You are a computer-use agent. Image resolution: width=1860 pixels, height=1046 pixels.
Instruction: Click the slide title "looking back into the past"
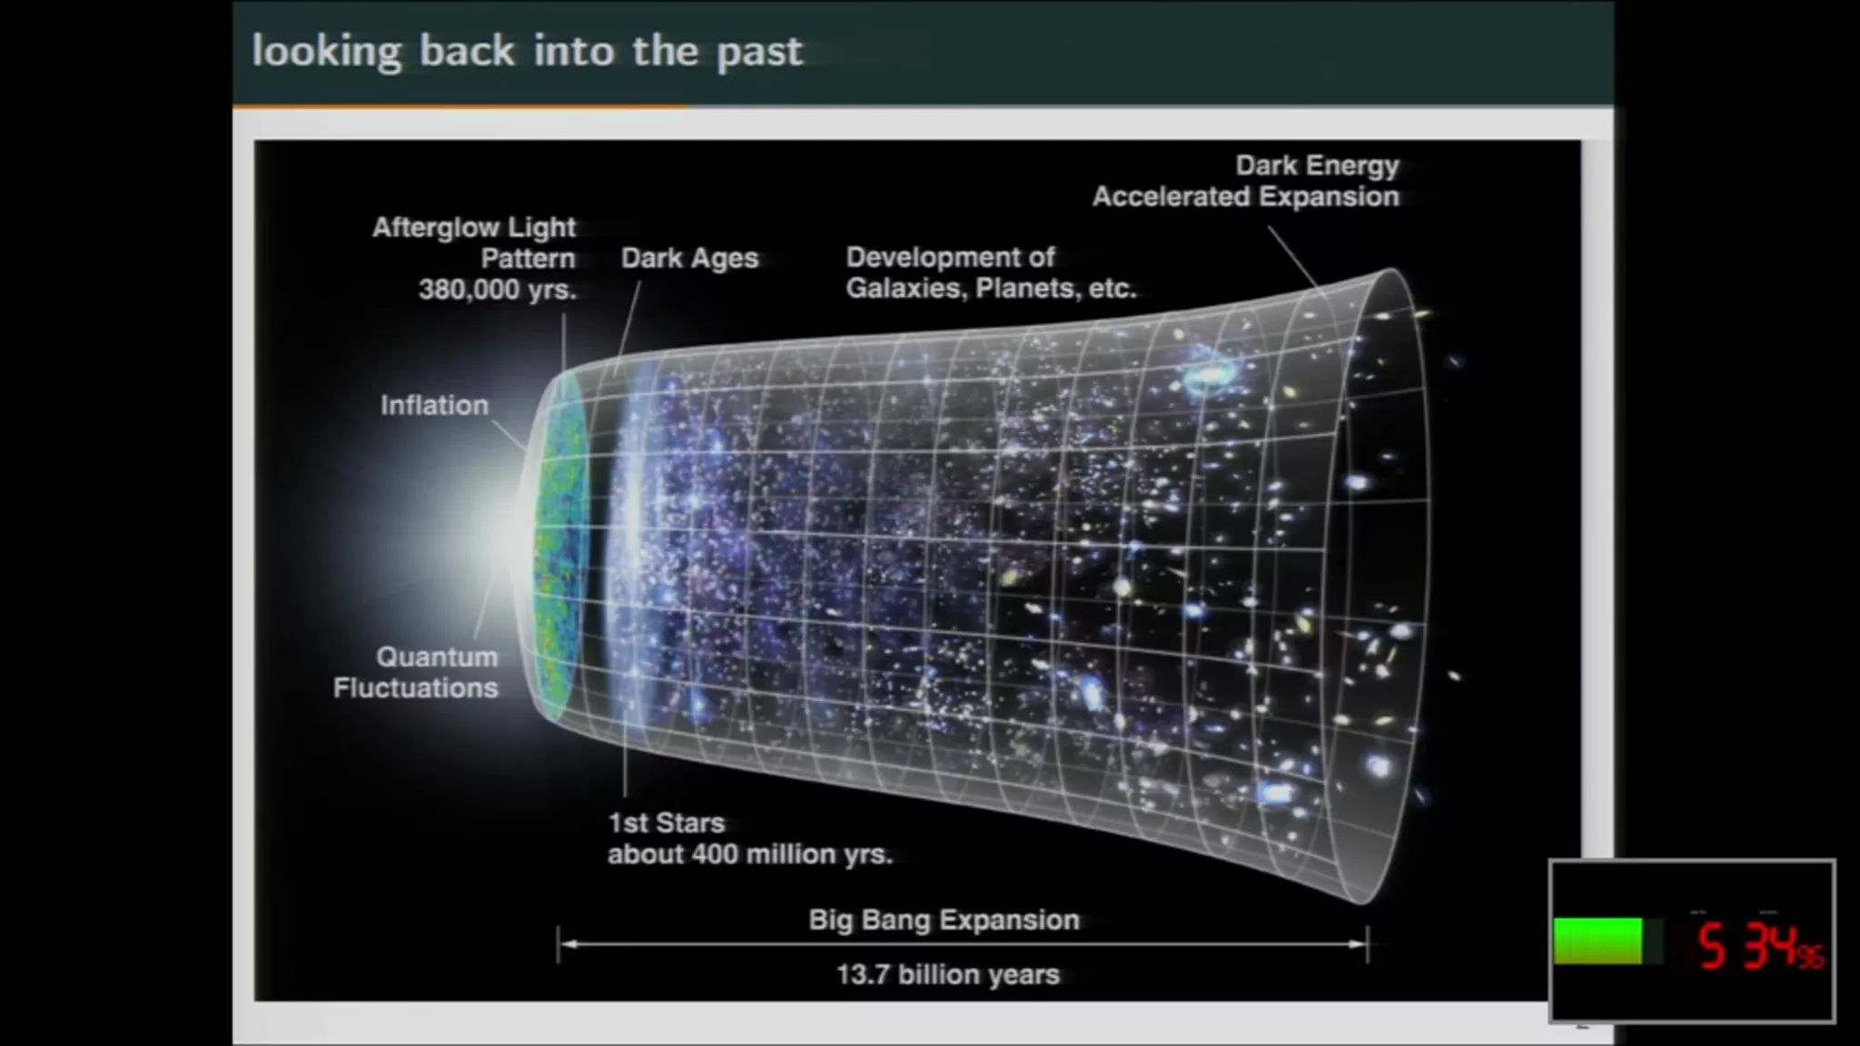pos(527,52)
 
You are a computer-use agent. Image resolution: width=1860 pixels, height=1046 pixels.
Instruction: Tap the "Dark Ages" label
pos(689,259)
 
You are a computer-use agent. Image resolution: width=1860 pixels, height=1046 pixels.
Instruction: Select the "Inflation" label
pos(434,405)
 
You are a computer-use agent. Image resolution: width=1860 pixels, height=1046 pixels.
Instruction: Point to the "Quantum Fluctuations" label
pos(416,672)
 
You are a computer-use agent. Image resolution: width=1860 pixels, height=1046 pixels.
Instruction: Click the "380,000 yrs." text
pos(497,290)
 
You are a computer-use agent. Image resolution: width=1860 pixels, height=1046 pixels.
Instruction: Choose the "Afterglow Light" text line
pos(474,227)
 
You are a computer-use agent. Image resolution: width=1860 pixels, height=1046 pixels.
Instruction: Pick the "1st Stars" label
pos(666,823)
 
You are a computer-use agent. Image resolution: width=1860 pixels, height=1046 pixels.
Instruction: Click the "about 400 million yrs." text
pos(750,854)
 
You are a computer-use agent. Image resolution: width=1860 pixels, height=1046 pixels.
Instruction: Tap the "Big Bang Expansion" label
pos(945,920)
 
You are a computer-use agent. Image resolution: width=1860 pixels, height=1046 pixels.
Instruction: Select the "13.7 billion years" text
pos(948,974)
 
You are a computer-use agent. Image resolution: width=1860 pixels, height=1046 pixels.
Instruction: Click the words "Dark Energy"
pos(1317,166)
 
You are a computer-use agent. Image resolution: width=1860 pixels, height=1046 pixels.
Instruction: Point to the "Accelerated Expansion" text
pos(1246,197)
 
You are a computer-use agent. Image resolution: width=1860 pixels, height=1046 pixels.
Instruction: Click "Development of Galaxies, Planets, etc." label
pos(991,272)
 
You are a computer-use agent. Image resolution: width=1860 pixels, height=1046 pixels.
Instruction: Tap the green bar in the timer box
pos(1598,941)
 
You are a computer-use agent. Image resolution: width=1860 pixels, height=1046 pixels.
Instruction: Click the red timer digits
pos(1760,946)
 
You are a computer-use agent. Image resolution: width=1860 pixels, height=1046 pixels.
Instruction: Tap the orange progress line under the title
pos(460,106)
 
